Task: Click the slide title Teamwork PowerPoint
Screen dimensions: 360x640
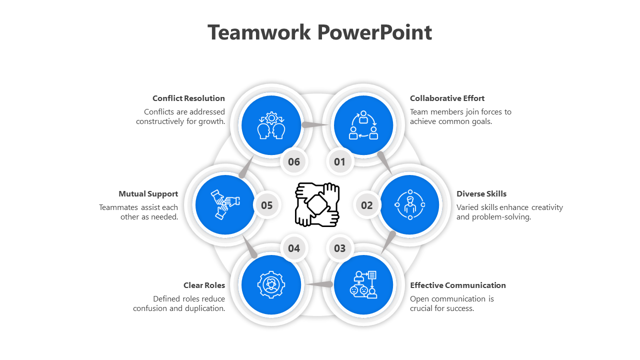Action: point(319,32)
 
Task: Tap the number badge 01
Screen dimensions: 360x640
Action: point(339,161)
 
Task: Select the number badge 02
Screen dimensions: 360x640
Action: point(367,205)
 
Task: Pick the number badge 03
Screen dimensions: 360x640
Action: point(339,248)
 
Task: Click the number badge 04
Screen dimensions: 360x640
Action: point(294,248)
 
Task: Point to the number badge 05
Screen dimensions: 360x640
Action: point(266,205)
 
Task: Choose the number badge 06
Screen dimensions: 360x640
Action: point(294,161)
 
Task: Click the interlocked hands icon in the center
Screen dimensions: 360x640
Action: point(317,204)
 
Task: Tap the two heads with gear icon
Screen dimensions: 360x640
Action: point(271,125)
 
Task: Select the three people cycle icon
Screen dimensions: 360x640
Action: point(363,125)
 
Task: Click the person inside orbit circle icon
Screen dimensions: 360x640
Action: point(410,204)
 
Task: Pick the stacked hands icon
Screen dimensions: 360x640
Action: point(224,204)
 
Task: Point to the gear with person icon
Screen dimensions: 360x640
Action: point(271,284)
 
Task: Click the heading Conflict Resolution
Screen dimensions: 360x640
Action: point(188,98)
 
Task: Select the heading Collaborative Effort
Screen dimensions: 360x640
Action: point(447,98)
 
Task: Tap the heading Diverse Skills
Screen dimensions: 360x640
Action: point(481,194)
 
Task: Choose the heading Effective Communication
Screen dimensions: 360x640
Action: point(457,285)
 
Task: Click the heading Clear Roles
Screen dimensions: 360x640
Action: point(204,285)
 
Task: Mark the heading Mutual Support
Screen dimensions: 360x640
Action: point(148,194)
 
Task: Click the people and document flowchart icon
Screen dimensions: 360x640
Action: point(363,284)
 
